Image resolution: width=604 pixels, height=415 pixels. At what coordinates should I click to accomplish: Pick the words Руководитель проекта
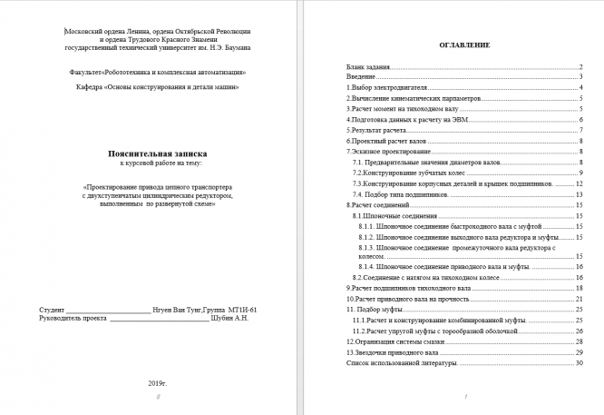coord(68,319)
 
